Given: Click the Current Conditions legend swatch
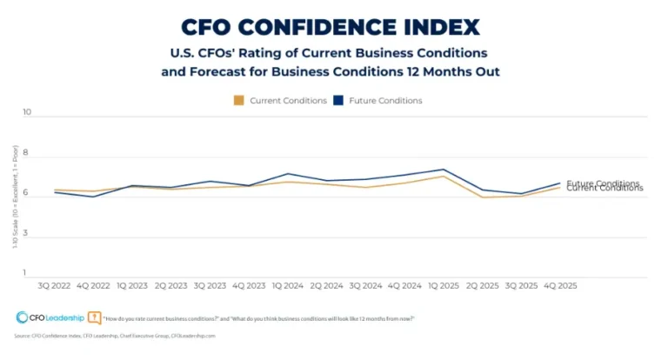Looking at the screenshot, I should tap(239, 101).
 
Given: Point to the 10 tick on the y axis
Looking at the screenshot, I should tap(27, 113).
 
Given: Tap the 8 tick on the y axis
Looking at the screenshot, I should tap(27, 154).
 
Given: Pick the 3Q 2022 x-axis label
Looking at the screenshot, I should tap(55, 284).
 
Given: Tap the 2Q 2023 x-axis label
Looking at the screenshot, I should tap(170, 284).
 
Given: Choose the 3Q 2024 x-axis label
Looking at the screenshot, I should tap(364, 284).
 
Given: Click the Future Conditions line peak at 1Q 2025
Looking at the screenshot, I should tap(443, 170).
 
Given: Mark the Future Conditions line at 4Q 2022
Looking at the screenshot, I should tap(93, 197).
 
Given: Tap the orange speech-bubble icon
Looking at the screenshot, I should tap(95, 318).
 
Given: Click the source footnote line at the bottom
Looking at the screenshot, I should tap(114, 336).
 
